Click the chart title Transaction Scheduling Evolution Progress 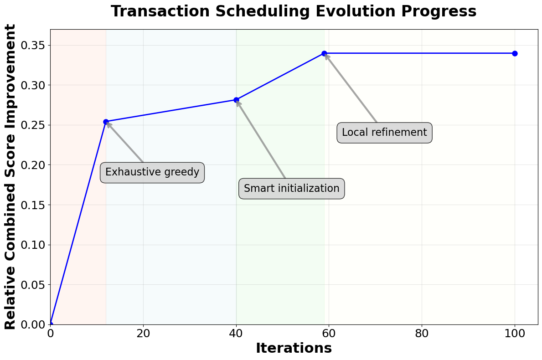tap(294, 11)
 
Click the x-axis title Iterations tap(294, 348)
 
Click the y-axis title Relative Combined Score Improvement tap(10, 177)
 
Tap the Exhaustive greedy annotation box tap(152, 172)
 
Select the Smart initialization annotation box tap(292, 189)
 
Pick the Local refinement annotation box tap(384, 133)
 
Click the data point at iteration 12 tap(106, 122)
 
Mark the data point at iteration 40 tap(236, 100)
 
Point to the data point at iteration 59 tap(324, 53)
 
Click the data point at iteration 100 tap(515, 53)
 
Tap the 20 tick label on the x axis tap(143, 333)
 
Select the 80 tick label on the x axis tap(422, 333)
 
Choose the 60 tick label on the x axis tap(329, 333)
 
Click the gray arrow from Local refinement tap(351, 89)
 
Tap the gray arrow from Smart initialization tap(261, 139)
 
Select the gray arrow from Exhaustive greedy tap(125, 142)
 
